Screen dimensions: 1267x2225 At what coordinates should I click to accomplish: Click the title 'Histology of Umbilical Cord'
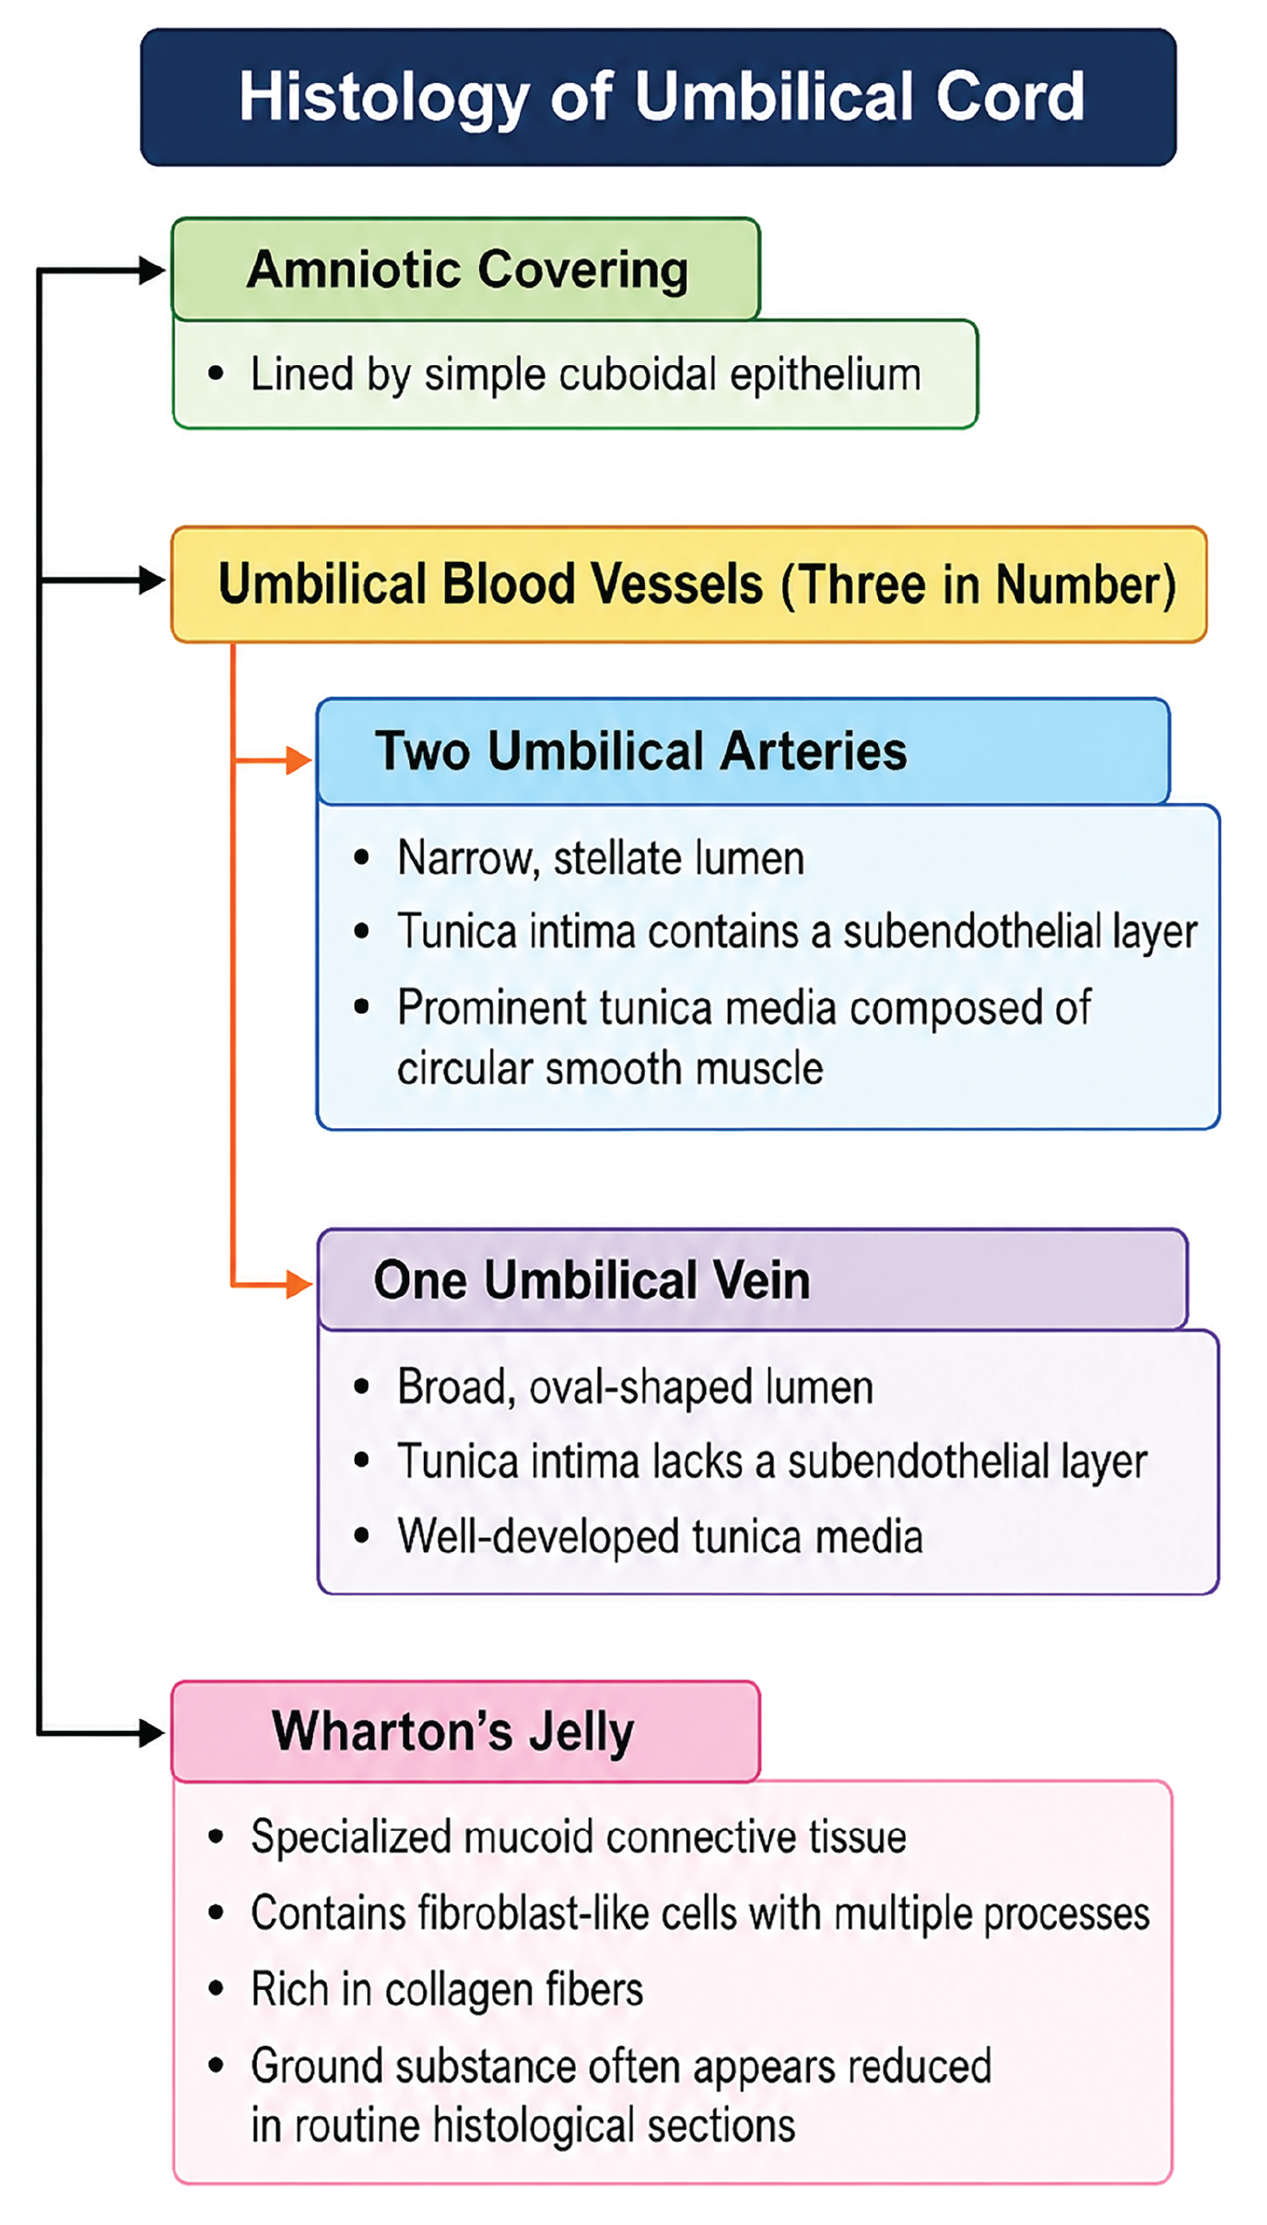click(662, 98)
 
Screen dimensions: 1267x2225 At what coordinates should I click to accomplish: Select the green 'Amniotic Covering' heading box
click(466, 269)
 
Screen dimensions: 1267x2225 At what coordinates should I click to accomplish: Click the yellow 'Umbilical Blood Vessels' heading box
click(689, 584)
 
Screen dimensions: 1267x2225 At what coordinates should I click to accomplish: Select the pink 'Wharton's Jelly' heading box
click(466, 1731)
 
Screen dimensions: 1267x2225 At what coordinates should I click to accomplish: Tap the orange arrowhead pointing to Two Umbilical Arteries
click(299, 760)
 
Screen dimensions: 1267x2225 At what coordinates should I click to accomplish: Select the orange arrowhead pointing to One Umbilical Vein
click(299, 1283)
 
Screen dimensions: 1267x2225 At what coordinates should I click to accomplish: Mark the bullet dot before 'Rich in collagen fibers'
click(217, 1988)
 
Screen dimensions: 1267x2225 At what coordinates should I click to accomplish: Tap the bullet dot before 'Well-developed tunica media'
click(362, 1536)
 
